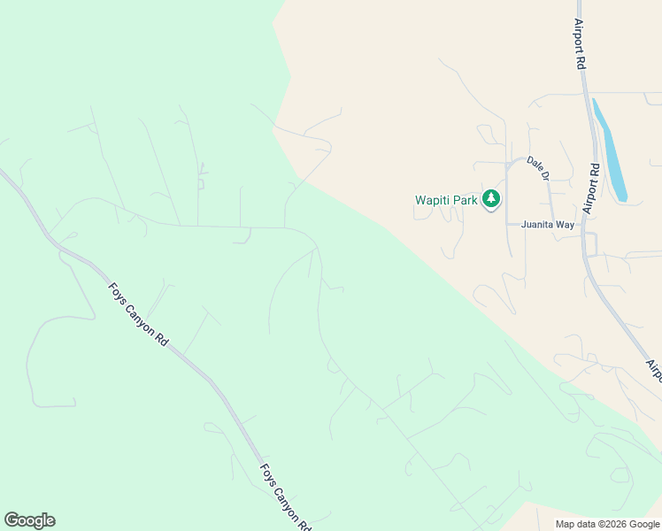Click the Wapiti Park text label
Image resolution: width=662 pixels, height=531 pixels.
point(447,200)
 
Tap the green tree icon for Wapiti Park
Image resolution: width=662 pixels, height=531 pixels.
point(491,199)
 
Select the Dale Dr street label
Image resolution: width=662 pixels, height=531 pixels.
point(538,167)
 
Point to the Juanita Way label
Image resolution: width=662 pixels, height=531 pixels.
point(548,225)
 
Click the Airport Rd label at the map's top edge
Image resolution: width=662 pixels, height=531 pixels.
point(581,44)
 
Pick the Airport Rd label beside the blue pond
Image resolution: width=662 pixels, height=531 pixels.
point(591,189)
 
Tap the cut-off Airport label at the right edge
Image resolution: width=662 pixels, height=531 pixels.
point(653,371)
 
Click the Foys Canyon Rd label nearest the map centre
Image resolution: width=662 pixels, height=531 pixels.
point(138,315)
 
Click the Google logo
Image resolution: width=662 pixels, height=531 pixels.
point(30,520)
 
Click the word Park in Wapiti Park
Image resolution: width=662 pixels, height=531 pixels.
point(465,200)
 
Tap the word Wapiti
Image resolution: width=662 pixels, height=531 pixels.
point(432,200)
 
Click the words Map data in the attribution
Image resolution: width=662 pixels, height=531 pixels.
point(576,524)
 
